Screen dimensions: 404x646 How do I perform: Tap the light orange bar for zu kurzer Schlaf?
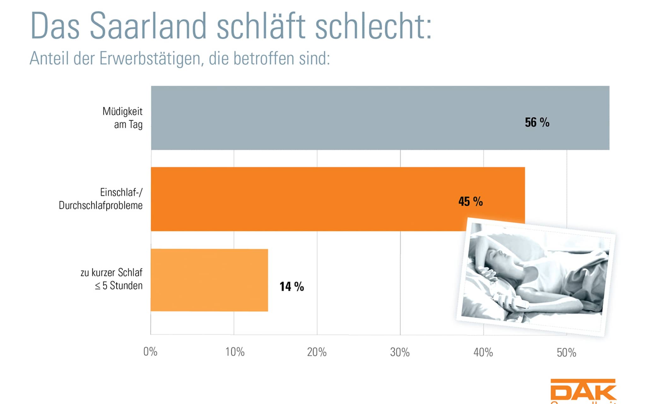[x=209, y=280]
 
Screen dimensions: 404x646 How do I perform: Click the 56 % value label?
[x=537, y=122]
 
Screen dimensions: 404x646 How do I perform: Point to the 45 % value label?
[x=470, y=201]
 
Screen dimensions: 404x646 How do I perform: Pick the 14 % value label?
[x=291, y=287]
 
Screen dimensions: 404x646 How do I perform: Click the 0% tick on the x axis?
[x=150, y=352]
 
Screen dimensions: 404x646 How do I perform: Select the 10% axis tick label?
[x=235, y=352]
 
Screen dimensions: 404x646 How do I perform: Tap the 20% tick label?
[x=317, y=352]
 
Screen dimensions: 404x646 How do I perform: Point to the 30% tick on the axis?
[x=400, y=352]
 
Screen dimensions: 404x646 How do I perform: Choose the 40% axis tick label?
[x=483, y=352]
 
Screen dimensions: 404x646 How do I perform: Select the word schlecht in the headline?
[x=373, y=26]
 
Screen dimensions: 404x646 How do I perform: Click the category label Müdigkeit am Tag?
[x=123, y=118]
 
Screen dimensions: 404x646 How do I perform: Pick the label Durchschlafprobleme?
[x=101, y=205]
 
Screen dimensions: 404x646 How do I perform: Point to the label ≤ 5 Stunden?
[x=119, y=286]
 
